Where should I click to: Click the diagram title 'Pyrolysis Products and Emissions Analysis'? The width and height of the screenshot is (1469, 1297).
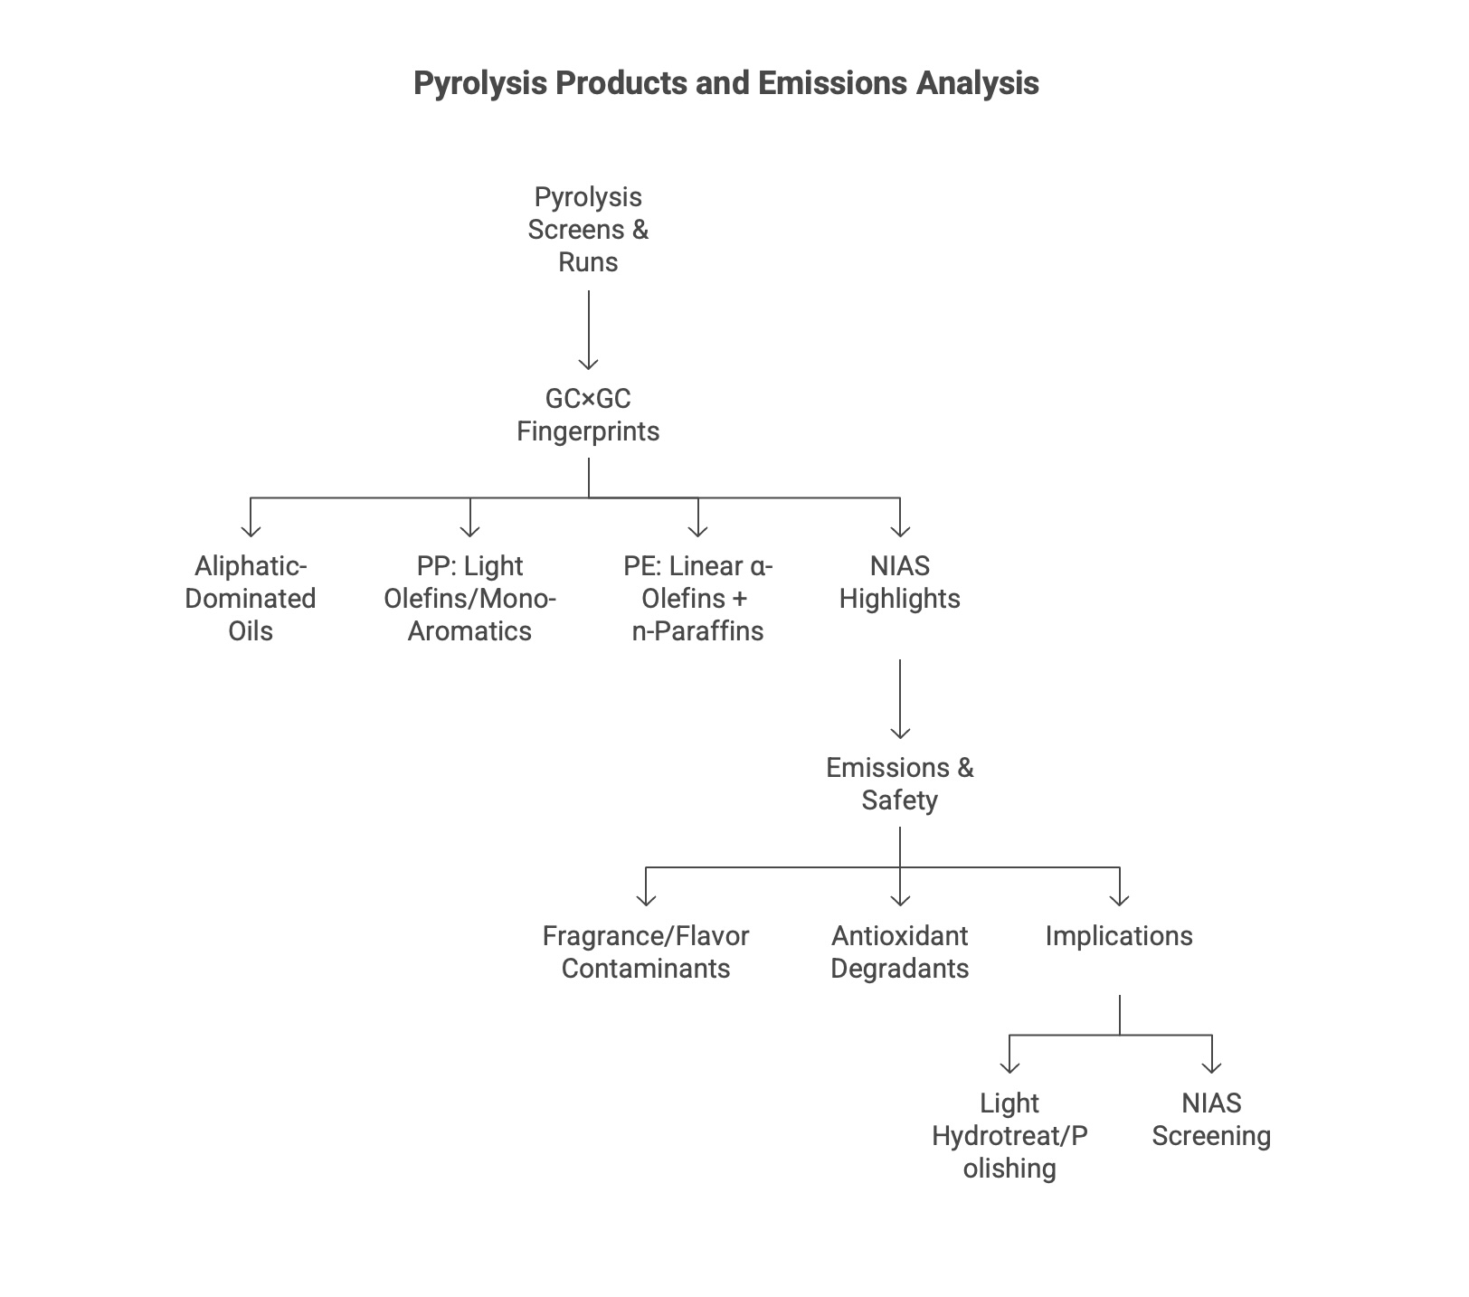[725, 83]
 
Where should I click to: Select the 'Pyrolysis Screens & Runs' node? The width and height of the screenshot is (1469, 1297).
[588, 230]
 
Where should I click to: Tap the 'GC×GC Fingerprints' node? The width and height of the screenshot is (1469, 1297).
[588, 415]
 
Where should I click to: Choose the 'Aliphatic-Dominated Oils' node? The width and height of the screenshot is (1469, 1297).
[251, 599]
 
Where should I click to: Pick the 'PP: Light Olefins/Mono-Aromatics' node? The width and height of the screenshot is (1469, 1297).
[469, 599]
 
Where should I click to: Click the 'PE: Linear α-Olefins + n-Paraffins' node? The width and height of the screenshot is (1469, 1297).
[697, 599]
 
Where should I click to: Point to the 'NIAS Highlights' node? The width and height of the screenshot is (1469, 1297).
[899, 582]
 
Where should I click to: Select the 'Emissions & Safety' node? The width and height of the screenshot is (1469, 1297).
[899, 784]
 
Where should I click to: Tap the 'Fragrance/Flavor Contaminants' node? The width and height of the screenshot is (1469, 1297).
[646, 952]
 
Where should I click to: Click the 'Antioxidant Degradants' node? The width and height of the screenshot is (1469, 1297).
[899, 952]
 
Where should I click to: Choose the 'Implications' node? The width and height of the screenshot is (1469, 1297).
[1119, 936]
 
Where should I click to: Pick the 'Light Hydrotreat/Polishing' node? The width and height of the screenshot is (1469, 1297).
[1009, 1136]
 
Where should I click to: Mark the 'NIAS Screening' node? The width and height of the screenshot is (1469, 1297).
[1211, 1120]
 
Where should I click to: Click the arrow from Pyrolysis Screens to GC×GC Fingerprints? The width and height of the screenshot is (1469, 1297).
[589, 330]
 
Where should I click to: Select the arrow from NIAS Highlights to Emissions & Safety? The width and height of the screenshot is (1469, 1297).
[900, 699]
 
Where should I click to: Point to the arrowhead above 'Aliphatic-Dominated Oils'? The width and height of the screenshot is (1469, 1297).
[251, 531]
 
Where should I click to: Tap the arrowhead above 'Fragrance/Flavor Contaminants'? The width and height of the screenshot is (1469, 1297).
[646, 899]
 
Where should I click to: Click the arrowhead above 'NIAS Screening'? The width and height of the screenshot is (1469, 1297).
[1211, 1066]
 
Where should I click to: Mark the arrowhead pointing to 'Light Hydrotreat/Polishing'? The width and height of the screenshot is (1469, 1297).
[1009, 1066]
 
